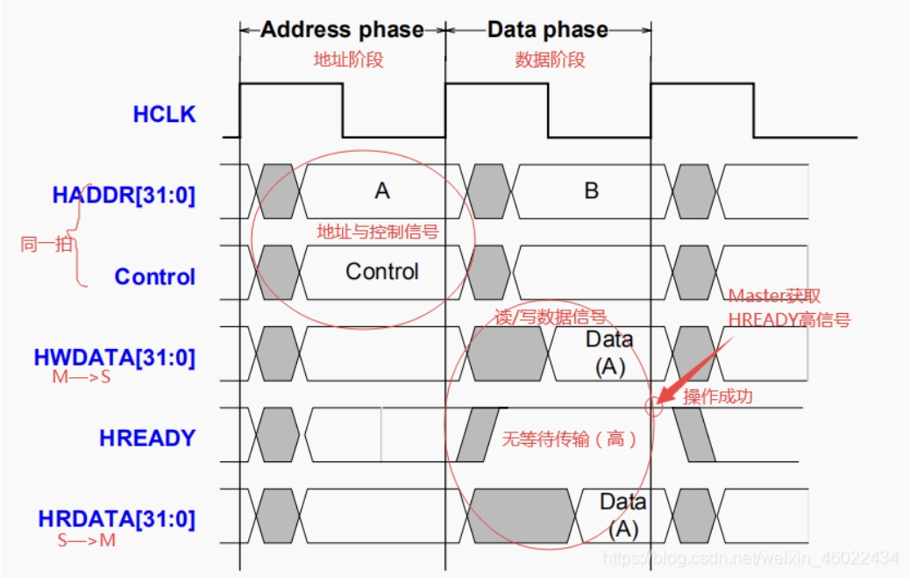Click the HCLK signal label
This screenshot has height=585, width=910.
point(164,114)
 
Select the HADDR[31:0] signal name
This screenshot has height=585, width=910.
point(124,195)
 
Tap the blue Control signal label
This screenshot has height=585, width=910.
point(154,276)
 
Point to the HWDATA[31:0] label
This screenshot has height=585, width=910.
point(114,358)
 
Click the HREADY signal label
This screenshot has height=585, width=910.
point(147,438)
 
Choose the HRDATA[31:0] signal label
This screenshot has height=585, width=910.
point(117,518)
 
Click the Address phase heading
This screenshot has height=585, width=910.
point(342,30)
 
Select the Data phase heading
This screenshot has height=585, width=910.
point(548,30)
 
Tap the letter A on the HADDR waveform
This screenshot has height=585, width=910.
point(381,190)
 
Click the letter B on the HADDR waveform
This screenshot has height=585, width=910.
point(592,190)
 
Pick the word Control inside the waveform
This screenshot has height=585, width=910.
point(382,271)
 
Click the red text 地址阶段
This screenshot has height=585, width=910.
point(349,61)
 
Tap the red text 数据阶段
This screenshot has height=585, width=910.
point(550,61)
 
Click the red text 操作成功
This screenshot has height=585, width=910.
point(717,396)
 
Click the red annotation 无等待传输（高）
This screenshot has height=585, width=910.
point(568,438)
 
